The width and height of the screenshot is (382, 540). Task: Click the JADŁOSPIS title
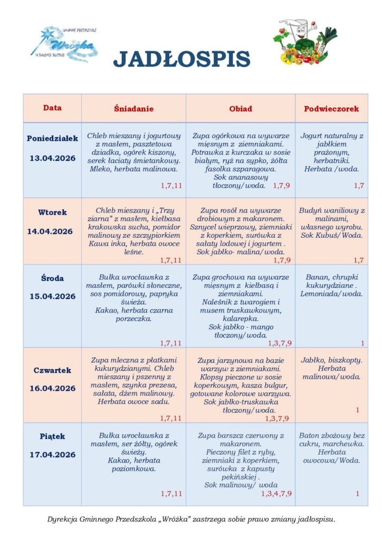(x=182, y=59)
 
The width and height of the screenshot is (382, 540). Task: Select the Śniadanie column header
(x=133, y=109)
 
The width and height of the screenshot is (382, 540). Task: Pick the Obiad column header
(x=240, y=109)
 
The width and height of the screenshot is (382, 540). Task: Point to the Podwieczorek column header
(x=331, y=109)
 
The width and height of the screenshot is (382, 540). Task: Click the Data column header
(x=52, y=108)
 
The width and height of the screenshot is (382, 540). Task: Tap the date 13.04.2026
(x=52, y=158)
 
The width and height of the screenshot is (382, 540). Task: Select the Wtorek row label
(x=52, y=213)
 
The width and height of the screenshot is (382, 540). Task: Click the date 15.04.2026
(x=52, y=296)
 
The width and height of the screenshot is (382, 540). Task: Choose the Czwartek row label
(x=52, y=370)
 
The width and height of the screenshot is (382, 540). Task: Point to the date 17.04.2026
(x=52, y=455)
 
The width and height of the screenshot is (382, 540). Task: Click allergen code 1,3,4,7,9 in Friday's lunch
(x=276, y=494)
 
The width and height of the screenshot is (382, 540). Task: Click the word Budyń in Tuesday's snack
(x=310, y=210)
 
